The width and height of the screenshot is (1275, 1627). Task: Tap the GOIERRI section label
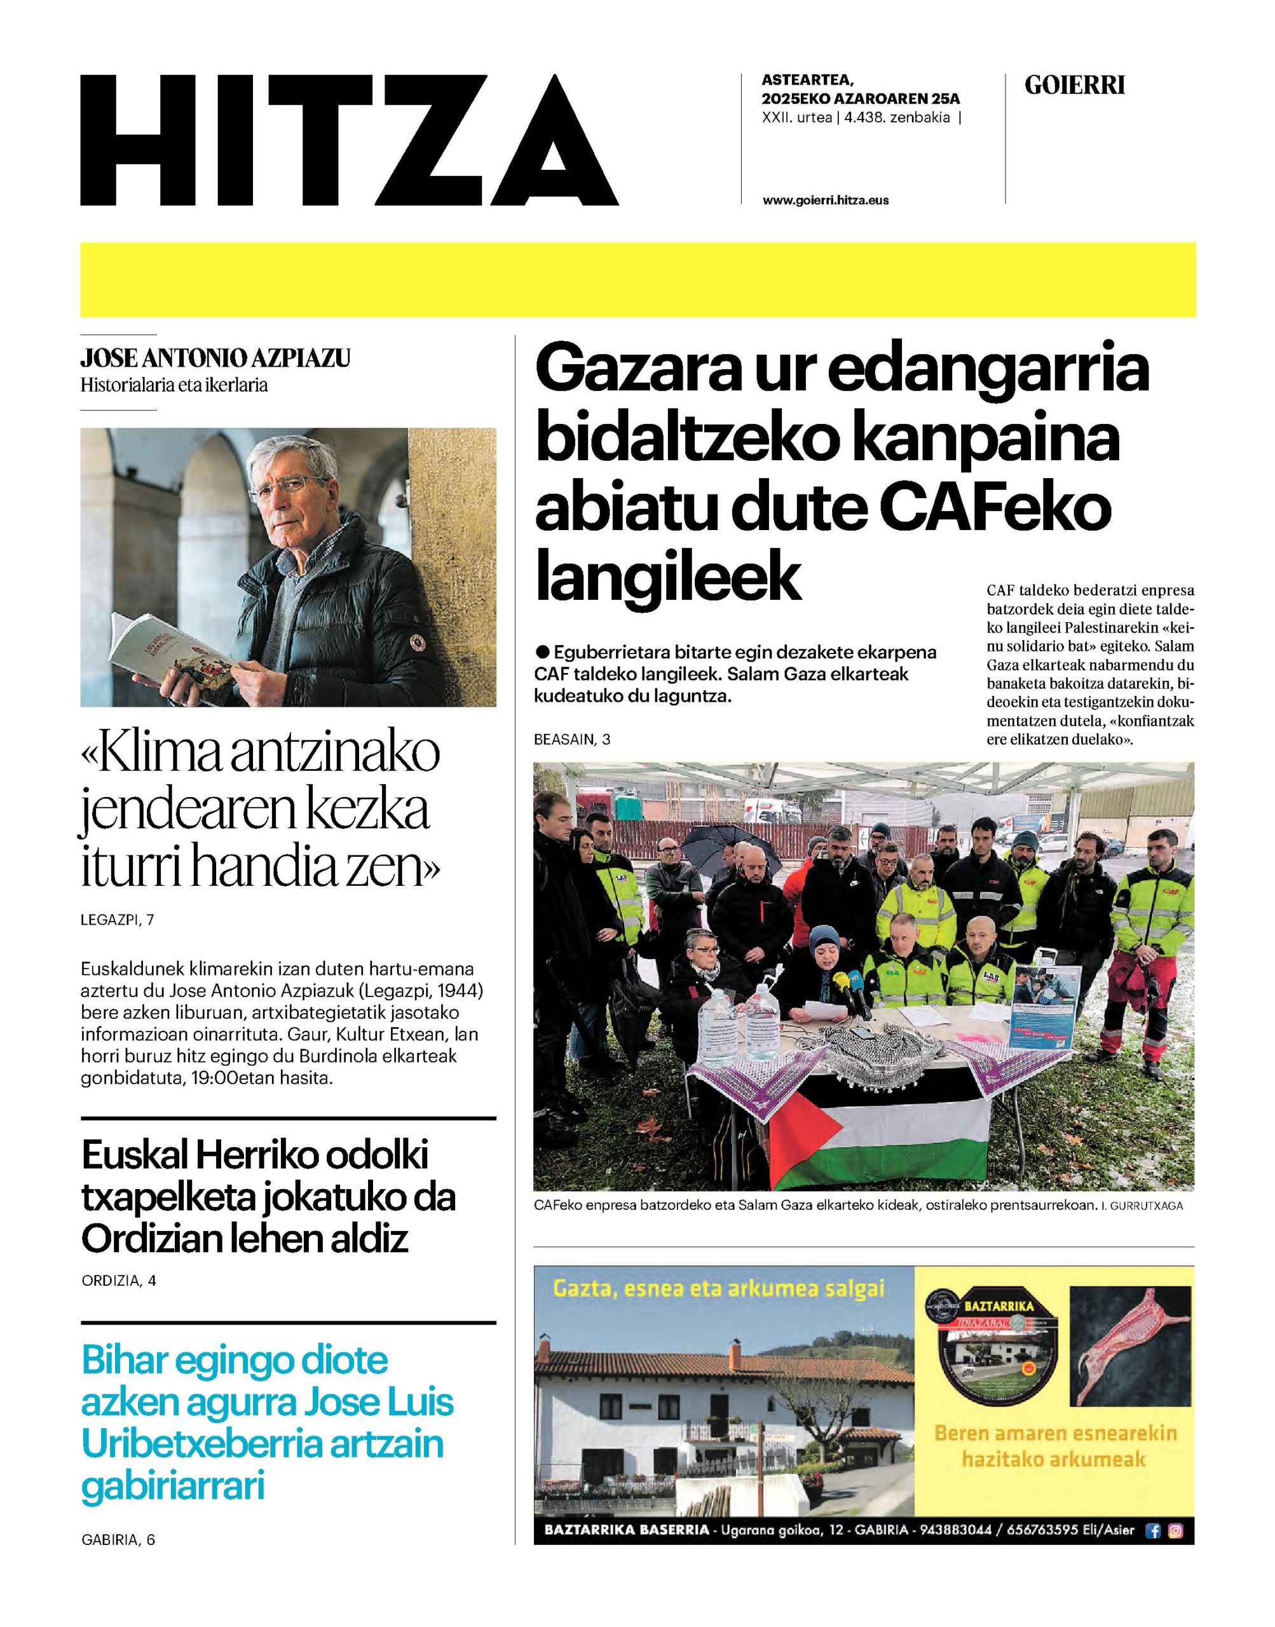pos(1074,86)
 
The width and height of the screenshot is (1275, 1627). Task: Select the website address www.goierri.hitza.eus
pos(826,200)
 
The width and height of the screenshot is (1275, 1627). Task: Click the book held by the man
pos(179,648)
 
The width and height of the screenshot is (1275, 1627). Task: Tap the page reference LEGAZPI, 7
pos(117,920)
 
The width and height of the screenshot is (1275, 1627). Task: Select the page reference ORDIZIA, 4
pos(119,1281)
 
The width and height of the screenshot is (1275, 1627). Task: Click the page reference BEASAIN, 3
pos(572,740)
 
